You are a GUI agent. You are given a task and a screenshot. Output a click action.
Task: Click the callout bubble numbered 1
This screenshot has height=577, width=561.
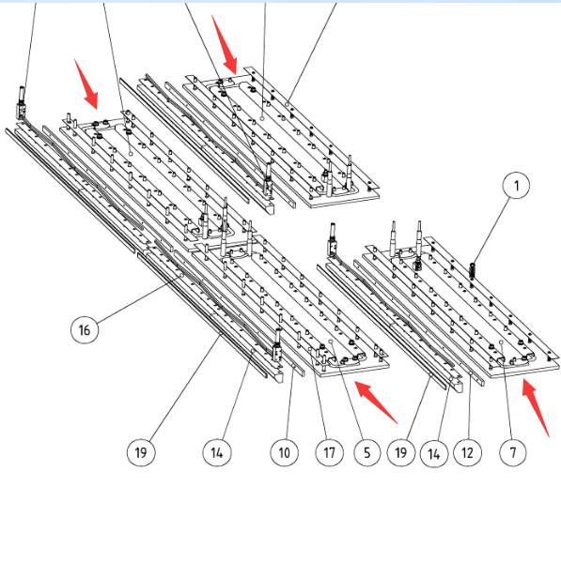[x=516, y=185]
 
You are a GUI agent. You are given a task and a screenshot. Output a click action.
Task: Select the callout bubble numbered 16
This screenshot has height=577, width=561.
[x=85, y=329]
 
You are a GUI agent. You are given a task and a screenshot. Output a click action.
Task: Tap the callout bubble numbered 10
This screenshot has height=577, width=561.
[x=284, y=452]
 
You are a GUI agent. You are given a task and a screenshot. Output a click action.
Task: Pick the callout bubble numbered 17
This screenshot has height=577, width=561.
[x=329, y=452]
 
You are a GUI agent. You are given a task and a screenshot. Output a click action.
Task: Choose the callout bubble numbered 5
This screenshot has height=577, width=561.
[x=367, y=452]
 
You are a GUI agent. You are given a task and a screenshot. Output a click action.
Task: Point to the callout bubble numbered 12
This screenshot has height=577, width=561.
[x=467, y=452]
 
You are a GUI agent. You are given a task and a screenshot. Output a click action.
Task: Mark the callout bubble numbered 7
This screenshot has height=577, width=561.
[x=513, y=452]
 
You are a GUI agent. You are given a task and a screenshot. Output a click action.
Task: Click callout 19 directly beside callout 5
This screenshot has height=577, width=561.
[x=401, y=452]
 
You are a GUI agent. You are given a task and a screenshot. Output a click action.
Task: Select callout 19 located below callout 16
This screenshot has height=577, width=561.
[x=141, y=452]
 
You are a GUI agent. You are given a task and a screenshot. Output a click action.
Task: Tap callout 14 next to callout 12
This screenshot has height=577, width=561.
[x=434, y=453]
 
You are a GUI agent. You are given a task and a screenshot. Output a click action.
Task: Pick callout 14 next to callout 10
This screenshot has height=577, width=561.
[x=217, y=452]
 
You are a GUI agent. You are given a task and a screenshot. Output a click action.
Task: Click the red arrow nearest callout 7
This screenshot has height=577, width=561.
[x=536, y=408]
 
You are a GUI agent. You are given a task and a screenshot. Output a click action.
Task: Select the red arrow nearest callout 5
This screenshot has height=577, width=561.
[x=376, y=402]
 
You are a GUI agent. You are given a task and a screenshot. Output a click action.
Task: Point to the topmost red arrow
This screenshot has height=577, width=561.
[x=224, y=44]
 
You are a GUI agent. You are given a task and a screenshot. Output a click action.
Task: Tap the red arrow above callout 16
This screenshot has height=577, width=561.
[x=86, y=84]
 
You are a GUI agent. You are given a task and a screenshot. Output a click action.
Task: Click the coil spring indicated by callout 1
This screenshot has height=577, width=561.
[x=472, y=271]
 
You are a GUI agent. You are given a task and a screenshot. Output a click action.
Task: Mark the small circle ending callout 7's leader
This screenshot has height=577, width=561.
[x=501, y=342]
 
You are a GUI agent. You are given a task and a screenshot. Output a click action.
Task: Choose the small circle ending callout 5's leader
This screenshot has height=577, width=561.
[x=331, y=342]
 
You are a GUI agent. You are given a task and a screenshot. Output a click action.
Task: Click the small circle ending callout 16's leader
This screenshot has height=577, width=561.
[x=181, y=275]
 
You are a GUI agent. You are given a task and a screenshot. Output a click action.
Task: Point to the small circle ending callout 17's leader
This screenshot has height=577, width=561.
[x=310, y=348]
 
